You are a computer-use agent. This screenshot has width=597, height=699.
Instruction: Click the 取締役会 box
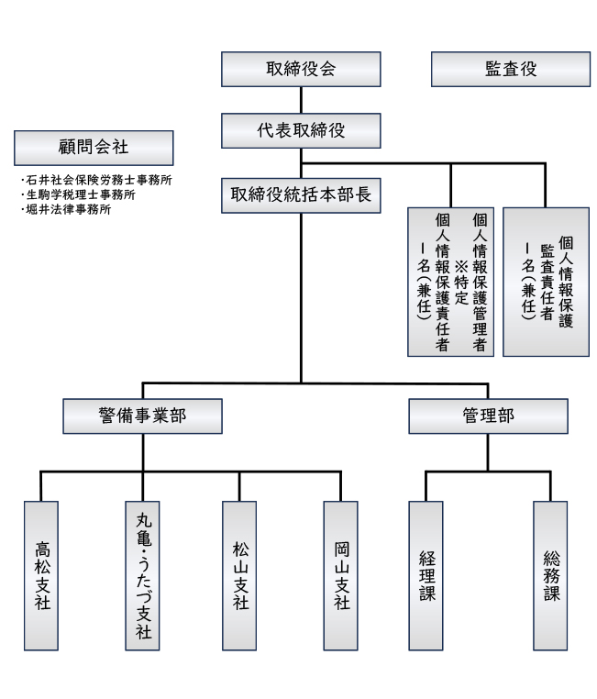[x=301, y=70]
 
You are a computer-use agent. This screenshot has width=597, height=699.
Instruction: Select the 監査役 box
[x=511, y=70]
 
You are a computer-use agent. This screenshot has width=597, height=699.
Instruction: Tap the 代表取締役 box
[x=301, y=130]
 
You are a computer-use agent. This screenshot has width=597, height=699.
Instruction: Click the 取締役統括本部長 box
[x=301, y=194]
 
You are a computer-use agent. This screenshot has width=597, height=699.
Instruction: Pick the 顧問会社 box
[x=94, y=146]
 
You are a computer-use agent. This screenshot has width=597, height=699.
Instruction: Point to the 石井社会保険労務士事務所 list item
[x=97, y=181]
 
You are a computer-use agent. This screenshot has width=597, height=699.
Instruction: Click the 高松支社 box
[x=41, y=575]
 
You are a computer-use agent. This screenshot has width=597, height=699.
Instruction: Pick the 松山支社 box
[x=240, y=575]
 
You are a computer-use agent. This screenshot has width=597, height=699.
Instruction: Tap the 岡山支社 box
[x=341, y=575]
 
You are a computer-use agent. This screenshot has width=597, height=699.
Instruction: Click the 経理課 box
[x=426, y=575]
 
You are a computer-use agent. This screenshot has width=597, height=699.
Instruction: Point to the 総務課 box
[x=551, y=575]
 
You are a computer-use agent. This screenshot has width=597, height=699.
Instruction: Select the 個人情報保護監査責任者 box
[x=546, y=281]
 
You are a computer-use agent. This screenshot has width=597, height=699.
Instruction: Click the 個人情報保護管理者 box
[x=451, y=281]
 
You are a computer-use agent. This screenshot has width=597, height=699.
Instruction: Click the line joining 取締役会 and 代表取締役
[x=301, y=100]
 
